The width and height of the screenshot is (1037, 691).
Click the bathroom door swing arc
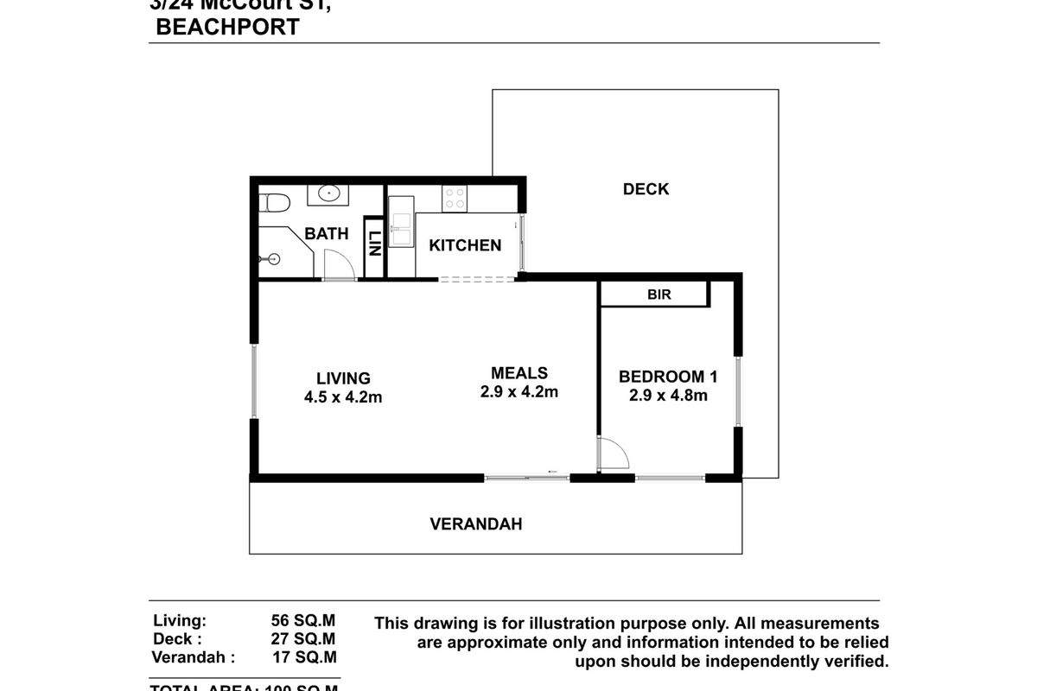pos(338,264)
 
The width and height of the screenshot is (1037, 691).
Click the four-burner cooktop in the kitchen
pos(455,198)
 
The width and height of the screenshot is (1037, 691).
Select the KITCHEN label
pos(465,245)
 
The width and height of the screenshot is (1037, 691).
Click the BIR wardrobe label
pos(659,295)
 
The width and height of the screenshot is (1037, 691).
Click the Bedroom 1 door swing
pos(614,453)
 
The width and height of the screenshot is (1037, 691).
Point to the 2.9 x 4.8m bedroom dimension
pos(668,396)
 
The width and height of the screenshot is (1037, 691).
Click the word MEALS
pos(518,373)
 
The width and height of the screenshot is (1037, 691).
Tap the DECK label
pos(646,189)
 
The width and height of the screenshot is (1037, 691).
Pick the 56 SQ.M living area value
pos(303,620)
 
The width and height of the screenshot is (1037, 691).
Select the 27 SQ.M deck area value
pos(303,639)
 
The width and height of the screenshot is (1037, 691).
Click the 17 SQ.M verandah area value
pos(303,658)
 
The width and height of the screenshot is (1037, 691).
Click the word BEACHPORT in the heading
pos(227,27)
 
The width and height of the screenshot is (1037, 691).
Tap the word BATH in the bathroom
pos(327,234)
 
